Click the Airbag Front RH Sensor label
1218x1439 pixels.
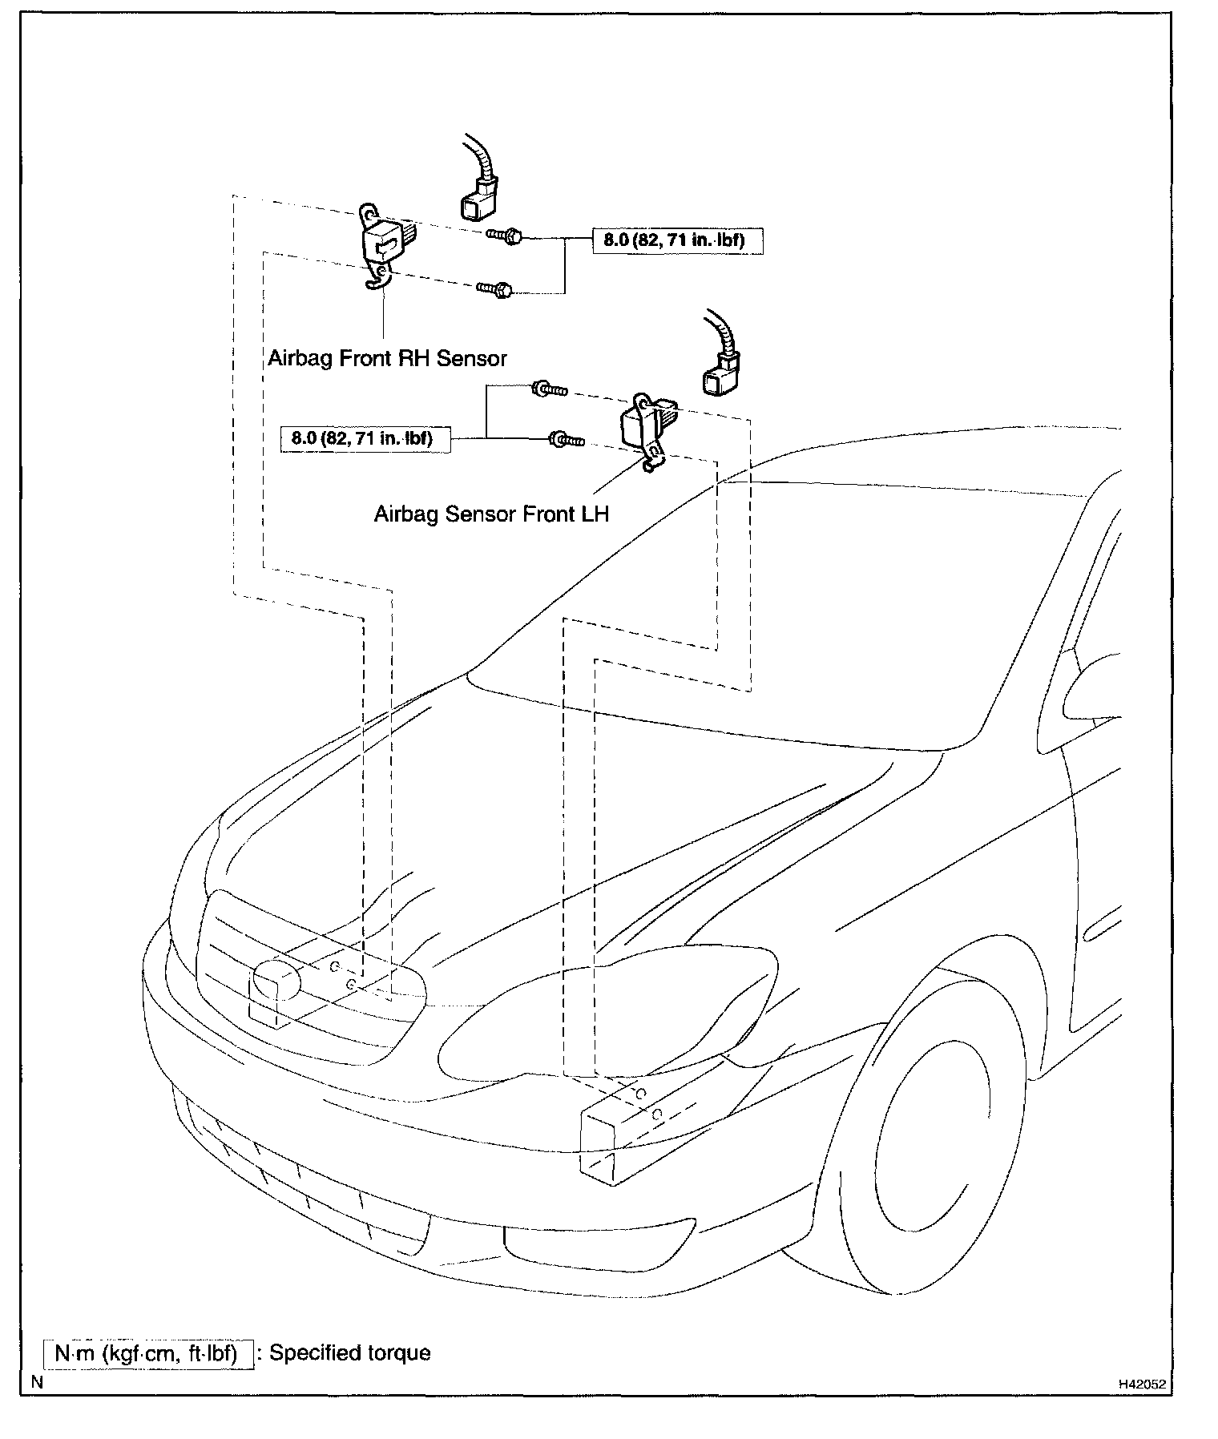pos(387,358)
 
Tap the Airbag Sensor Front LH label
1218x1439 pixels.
pos(491,514)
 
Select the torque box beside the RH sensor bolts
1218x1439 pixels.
pos(677,240)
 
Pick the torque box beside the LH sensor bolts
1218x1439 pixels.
pos(365,439)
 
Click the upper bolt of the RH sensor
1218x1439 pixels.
pos(503,236)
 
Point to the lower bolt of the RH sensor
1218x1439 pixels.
pos(494,288)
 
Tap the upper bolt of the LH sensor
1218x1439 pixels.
pos(549,390)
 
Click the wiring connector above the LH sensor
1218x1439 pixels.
pos(720,373)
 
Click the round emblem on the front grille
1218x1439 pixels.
pos(277,980)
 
